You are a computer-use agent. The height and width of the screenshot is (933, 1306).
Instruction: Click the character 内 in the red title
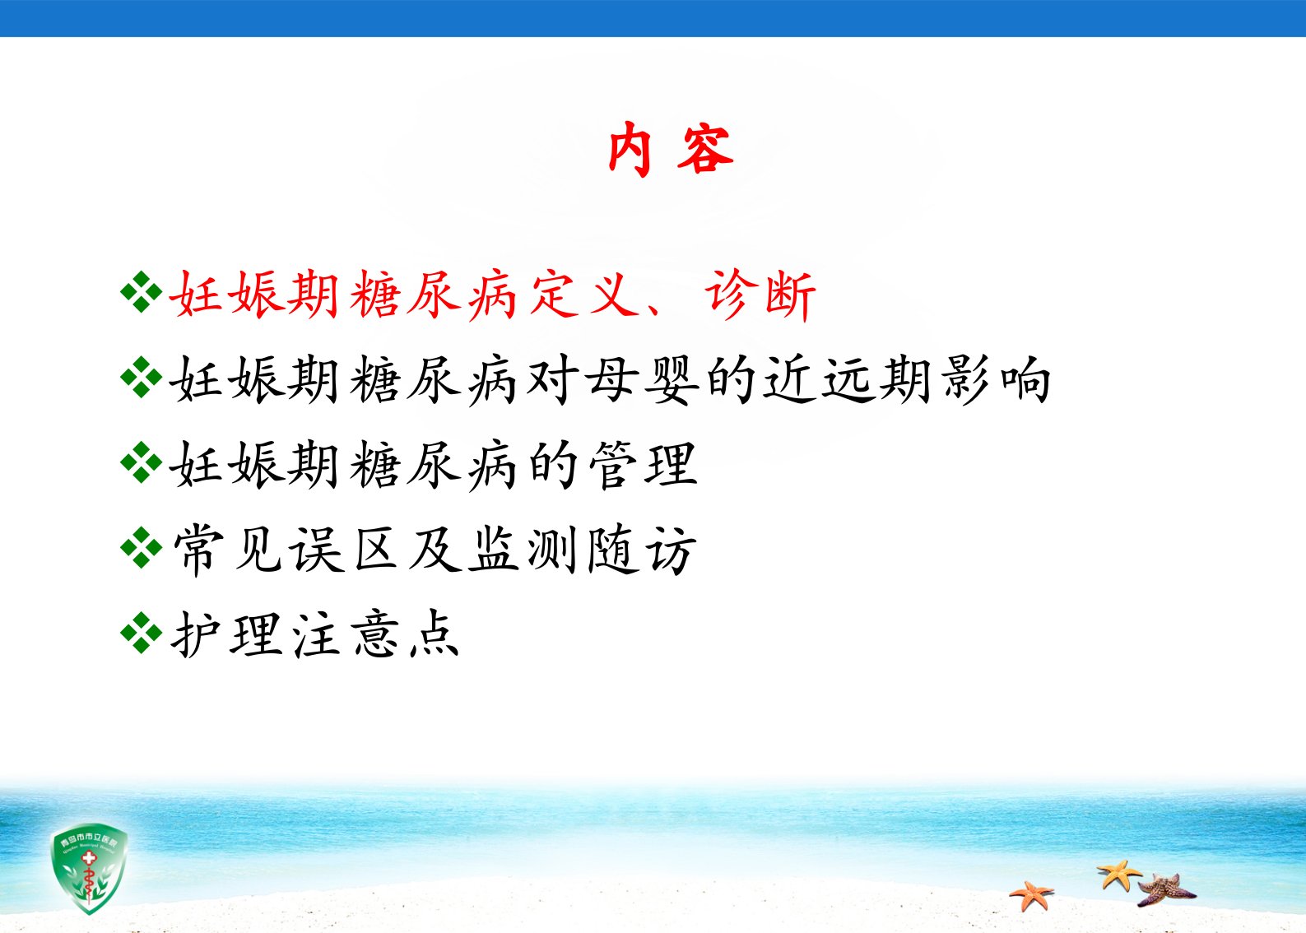click(x=630, y=150)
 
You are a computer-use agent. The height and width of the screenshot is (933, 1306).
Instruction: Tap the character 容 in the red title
click(x=705, y=150)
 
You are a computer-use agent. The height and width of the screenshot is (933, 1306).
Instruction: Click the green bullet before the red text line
click(x=141, y=291)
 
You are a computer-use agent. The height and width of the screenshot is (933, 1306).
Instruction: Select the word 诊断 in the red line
click(x=760, y=295)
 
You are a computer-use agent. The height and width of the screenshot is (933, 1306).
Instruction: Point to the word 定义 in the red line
click(x=585, y=295)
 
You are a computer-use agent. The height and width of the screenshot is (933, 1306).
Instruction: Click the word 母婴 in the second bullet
click(x=642, y=380)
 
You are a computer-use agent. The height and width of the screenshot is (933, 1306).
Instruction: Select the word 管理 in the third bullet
click(x=643, y=465)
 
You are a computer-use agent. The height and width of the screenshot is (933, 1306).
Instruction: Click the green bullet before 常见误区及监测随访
click(x=141, y=547)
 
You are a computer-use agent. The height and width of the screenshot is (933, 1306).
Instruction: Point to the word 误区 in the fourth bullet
click(x=345, y=550)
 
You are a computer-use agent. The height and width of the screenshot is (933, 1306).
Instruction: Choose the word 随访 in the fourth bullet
click(x=642, y=550)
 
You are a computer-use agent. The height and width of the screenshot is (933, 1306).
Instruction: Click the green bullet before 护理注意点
click(x=141, y=633)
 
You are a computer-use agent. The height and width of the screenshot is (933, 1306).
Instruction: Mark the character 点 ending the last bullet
click(x=435, y=635)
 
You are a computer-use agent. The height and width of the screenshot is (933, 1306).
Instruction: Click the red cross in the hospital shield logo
click(x=88, y=857)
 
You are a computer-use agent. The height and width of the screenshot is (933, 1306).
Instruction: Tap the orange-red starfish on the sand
click(x=1031, y=894)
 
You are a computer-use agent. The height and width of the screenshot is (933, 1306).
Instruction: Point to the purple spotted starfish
click(x=1165, y=890)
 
